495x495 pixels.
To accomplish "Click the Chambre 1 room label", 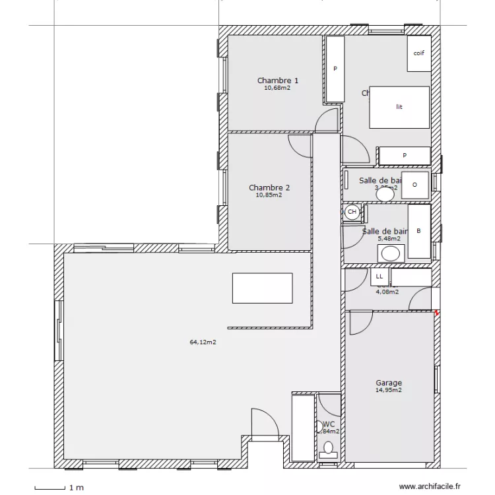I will [x=277, y=81].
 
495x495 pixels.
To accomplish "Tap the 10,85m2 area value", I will [x=269, y=195].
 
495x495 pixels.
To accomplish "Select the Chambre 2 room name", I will [x=269, y=187].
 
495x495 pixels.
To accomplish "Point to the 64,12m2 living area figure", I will [x=203, y=342].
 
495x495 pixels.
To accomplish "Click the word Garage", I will [x=389, y=383].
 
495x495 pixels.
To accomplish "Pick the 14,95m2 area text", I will [x=389, y=390].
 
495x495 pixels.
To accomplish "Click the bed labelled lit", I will [x=399, y=106].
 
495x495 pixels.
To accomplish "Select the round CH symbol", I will [x=352, y=212].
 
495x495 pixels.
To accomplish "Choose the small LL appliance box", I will [x=379, y=277].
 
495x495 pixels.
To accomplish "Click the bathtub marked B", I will [x=418, y=232].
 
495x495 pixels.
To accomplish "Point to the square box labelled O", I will [x=414, y=185].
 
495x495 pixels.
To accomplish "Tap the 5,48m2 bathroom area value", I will [x=389, y=238].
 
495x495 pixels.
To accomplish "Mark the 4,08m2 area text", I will [x=387, y=291].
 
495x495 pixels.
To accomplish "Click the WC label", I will [x=329, y=424].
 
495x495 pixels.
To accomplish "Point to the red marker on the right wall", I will [x=436, y=312].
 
